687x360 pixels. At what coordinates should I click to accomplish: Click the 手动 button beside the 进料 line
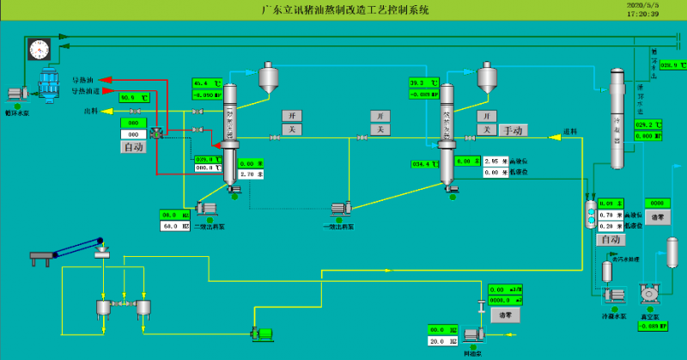[514, 130]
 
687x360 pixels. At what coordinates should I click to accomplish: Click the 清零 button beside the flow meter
[506, 314]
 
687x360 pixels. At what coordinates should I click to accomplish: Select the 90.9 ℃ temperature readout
[134, 97]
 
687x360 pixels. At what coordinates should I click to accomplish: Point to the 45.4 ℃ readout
[206, 83]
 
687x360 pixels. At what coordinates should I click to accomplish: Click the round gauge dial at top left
[40, 49]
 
